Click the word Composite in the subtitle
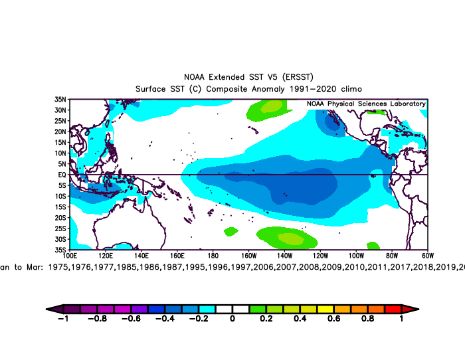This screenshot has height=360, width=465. [230, 89]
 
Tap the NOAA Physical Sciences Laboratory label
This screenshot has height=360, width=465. [366, 104]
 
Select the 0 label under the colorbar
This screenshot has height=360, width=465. [232, 319]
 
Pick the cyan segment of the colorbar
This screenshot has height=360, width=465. [207, 309]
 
